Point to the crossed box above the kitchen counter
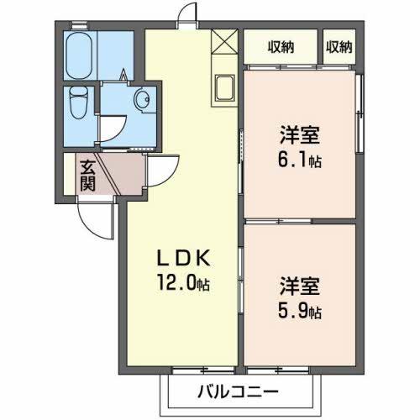coord(225,41)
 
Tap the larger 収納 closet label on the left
coord(281,47)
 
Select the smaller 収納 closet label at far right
coord(339,47)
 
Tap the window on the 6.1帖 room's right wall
coord(360,113)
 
